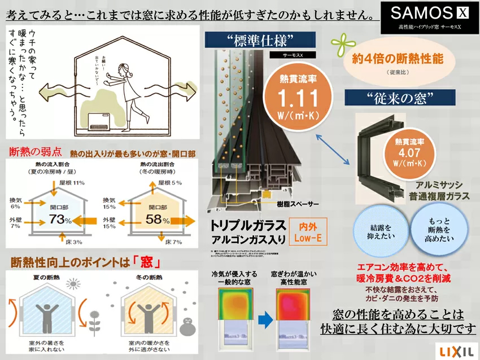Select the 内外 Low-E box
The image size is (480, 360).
point(307,231)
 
